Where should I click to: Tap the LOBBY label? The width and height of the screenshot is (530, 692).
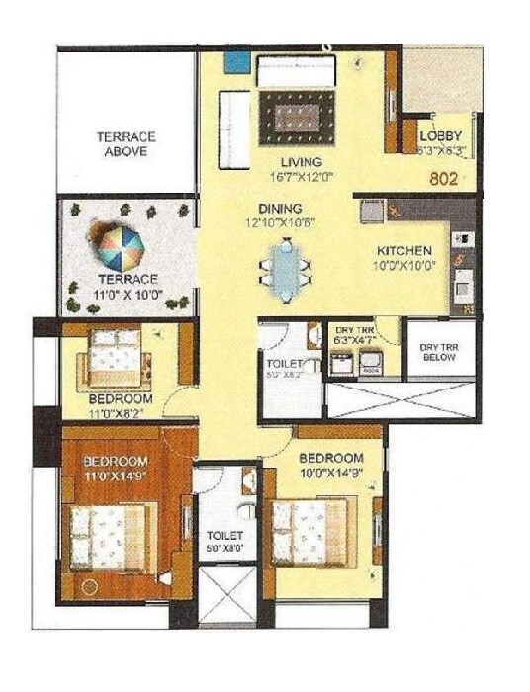point(440,136)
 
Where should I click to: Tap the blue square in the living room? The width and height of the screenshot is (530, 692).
point(236,60)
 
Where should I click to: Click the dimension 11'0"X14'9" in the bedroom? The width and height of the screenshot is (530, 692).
point(116,476)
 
